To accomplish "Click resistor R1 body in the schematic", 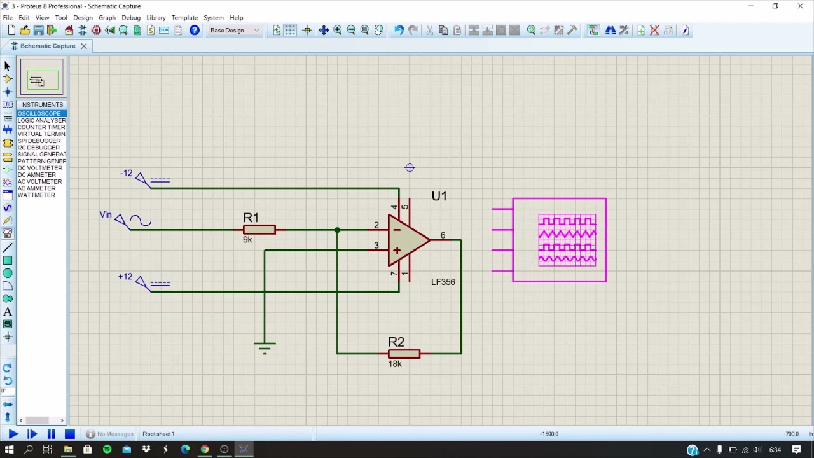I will (x=259, y=230).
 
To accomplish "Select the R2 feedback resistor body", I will (x=404, y=354).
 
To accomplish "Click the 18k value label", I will (x=395, y=364).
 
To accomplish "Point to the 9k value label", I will (x=247, y=240).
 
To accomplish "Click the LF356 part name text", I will (x=443, y=282).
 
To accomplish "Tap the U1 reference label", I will (x=439, y=196).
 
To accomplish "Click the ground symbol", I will (x=265, y=347).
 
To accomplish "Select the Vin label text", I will (x=106, y=214).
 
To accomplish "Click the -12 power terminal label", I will (x=126, y=173).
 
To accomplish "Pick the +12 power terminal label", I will (x=125, y=277).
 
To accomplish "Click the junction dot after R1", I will (x=337, y=230).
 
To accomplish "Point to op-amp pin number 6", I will (x=443, y=235).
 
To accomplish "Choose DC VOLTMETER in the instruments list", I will (x=40, y=168).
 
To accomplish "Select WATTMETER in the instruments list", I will (x=36, y=195).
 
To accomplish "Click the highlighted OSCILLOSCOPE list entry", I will (x=39, y=113).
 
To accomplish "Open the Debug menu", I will (x=131, y=18).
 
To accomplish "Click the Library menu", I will (x=156, y=18).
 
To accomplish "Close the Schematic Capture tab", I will (x=83, y=46).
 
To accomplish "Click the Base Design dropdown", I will (x=235, y=31).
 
